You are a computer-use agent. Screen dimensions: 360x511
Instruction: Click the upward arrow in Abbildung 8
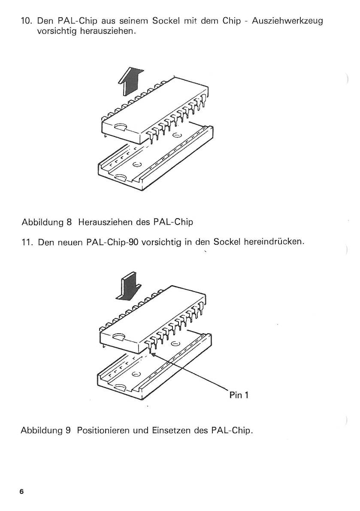131,82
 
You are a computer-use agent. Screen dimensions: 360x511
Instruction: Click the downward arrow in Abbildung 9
129,287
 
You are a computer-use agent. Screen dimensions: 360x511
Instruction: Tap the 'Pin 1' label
239,395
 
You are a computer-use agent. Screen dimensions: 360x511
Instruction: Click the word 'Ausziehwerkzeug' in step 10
287,21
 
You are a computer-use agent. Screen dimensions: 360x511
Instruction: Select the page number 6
22,492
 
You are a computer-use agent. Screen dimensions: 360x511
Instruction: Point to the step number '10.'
26,21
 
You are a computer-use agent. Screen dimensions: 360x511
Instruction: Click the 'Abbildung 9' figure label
46,431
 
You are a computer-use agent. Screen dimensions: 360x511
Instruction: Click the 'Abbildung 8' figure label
46,222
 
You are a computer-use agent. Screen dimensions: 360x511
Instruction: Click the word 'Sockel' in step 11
226,242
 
